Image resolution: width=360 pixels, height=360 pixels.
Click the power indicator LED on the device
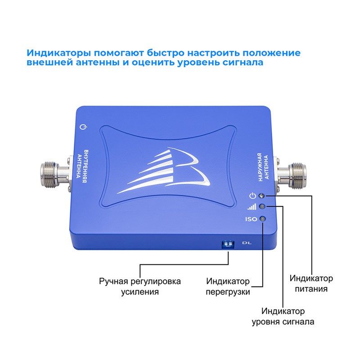pos(261,196)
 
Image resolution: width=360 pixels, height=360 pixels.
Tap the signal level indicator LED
pos(262,207)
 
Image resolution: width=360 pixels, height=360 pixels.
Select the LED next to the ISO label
pos(263,219)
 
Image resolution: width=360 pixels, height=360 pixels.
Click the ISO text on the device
pos(251,219)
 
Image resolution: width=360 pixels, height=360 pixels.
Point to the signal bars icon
pos(252,207)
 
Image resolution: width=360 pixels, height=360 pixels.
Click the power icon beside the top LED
pos(252,196)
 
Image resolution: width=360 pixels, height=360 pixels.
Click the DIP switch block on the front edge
pos(228,244)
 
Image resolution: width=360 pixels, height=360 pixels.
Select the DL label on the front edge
pos(247,243)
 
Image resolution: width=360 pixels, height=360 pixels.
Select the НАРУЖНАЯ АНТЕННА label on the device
pos(263,167)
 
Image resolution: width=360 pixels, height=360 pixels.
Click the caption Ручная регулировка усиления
pos(140,287)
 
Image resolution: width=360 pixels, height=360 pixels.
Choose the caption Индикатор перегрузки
pos(228,287)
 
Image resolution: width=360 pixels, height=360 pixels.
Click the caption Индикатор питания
pos(311,283)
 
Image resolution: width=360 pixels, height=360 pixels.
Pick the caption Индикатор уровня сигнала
pos(283,316)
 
